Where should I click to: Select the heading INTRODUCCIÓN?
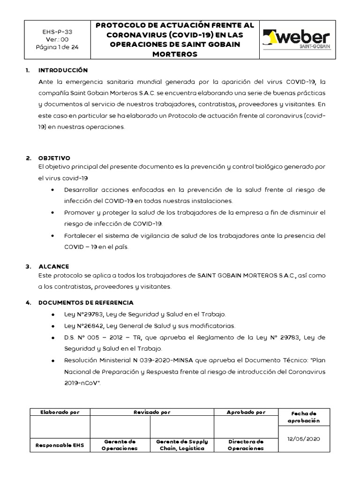tap(63, 70)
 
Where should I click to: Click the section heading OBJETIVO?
tap(54, 158)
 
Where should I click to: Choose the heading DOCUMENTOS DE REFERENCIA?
tap(86, 302)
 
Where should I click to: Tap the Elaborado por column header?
tap(60, 412)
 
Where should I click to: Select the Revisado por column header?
tap(151, 412)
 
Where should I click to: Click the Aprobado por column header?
tap(246, 412)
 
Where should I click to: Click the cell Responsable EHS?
tap(60, 445)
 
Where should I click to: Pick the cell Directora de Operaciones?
tap(246, 445)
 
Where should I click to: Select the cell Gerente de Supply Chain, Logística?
tap(182, 445)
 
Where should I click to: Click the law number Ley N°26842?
tap(83, 326)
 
